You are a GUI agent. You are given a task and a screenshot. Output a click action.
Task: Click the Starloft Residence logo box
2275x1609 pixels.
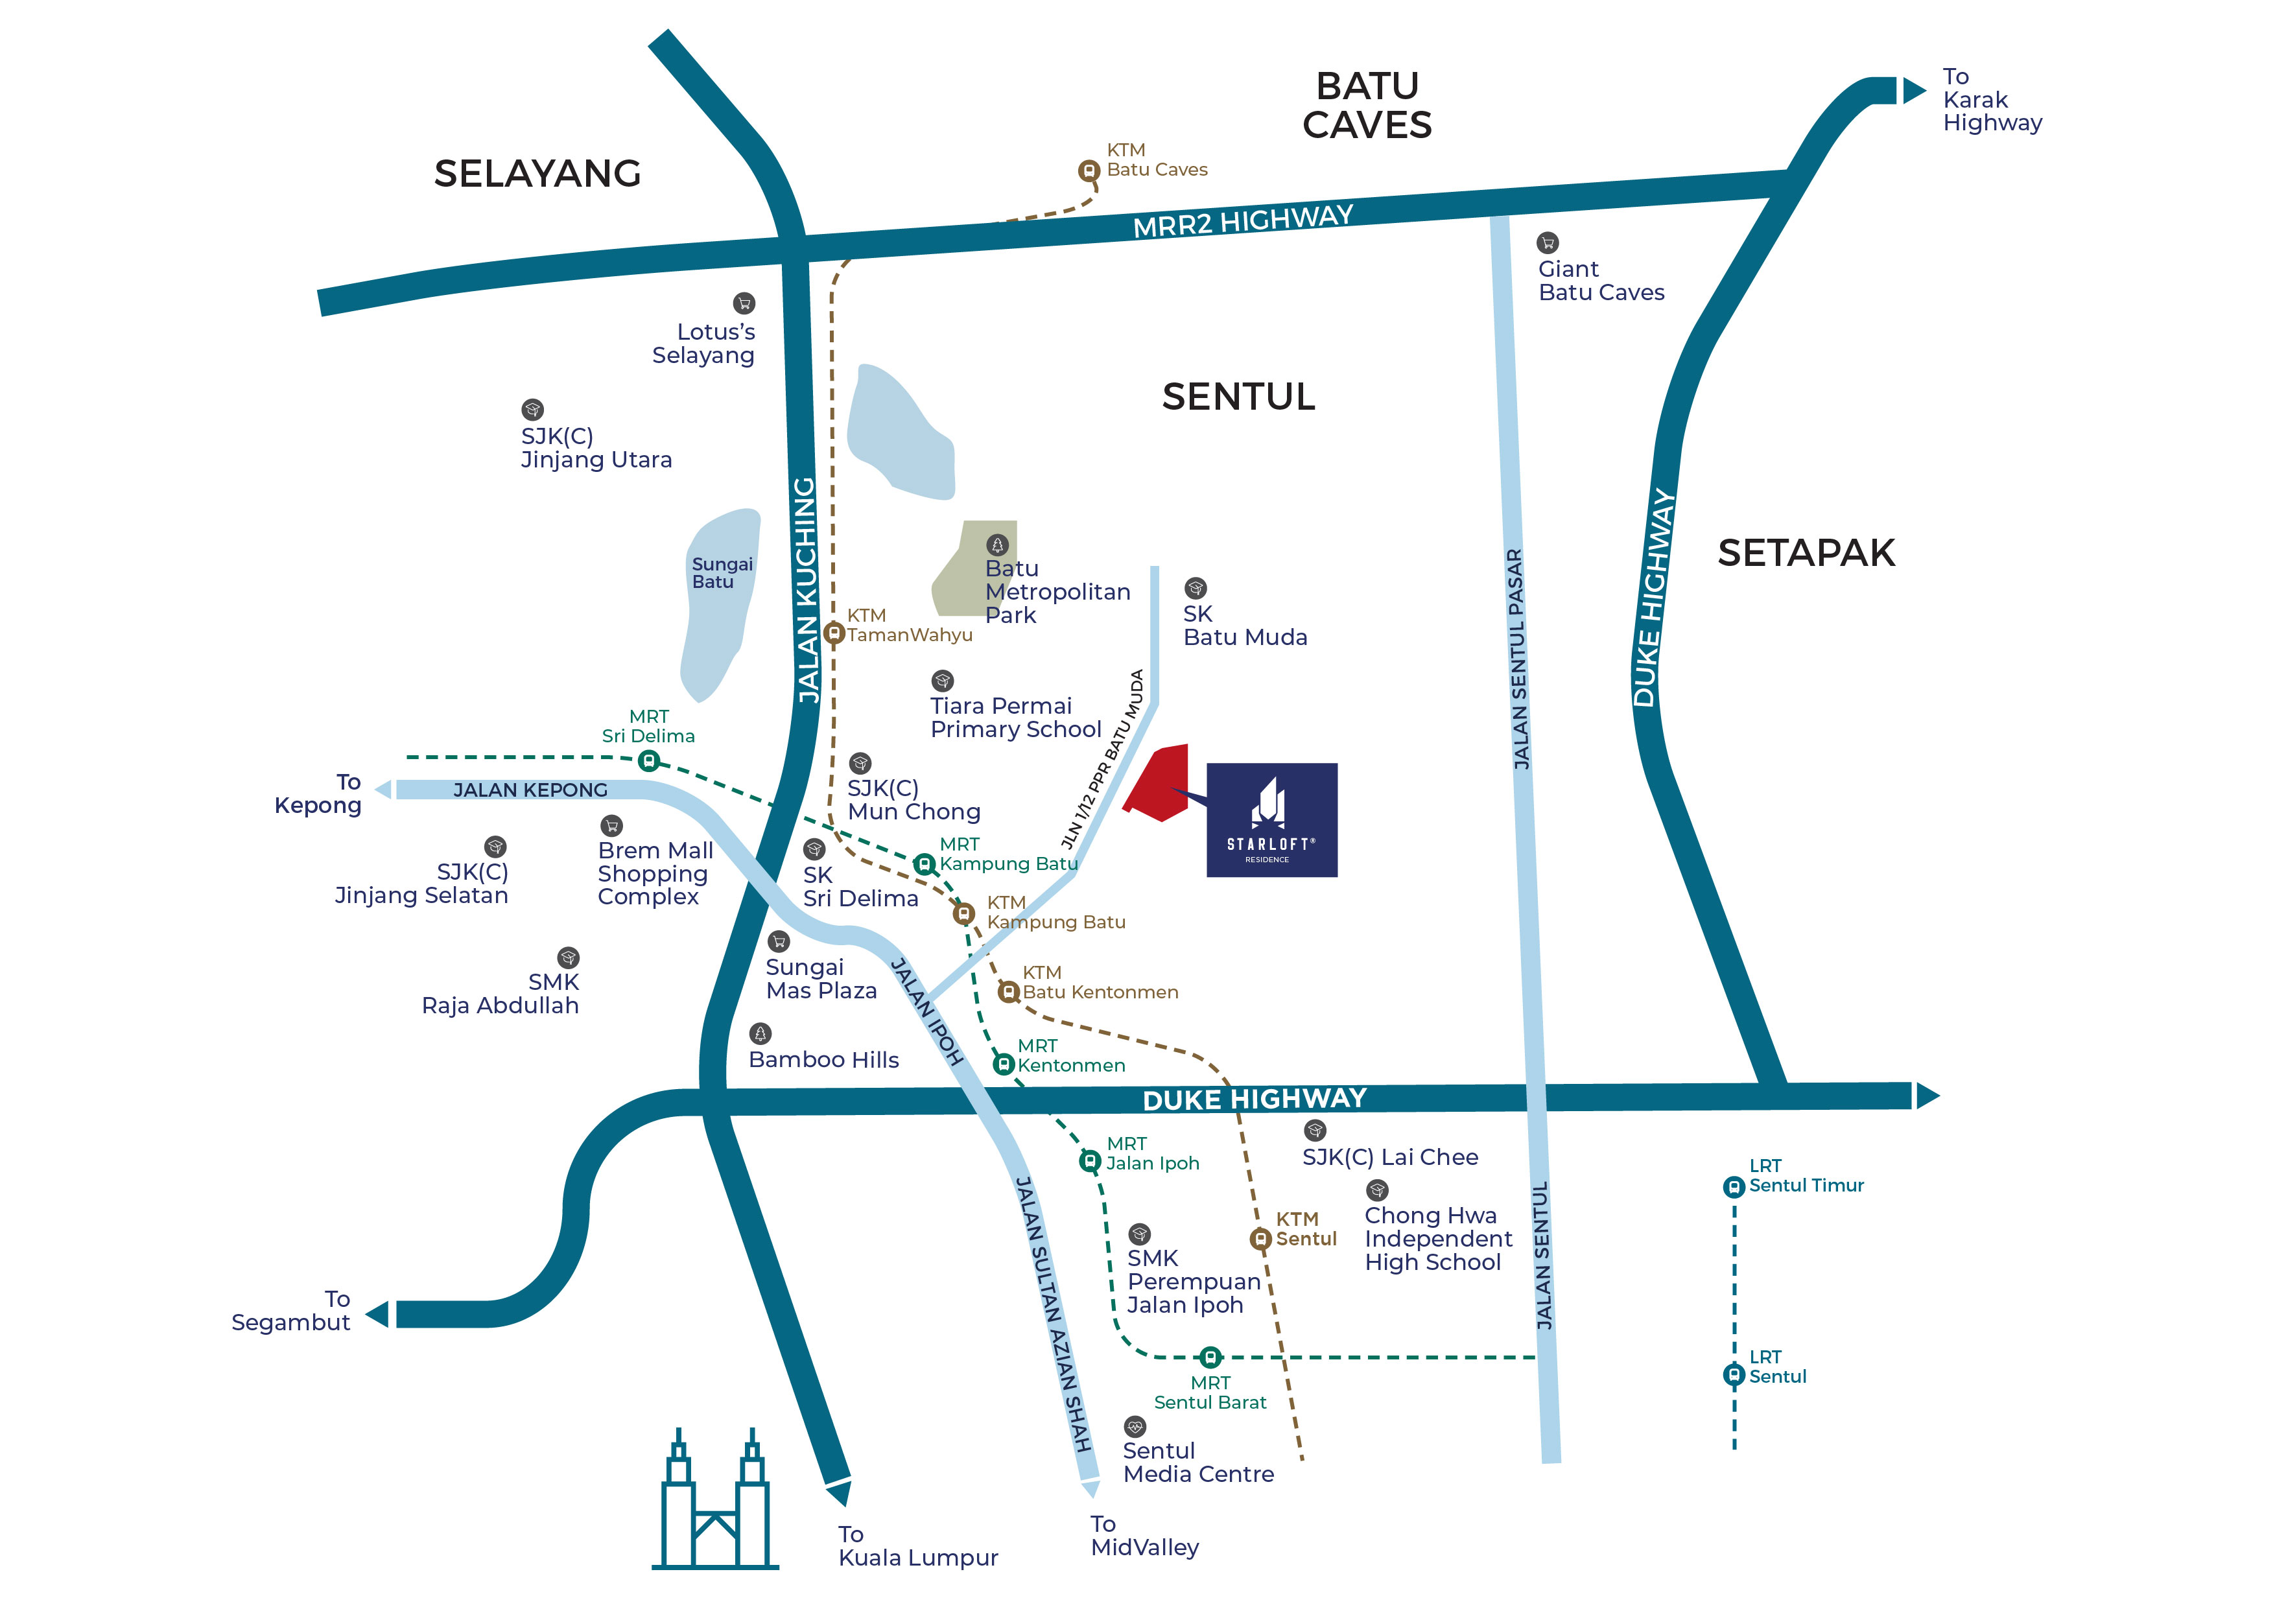pyautogui.click(x=1271, y=819)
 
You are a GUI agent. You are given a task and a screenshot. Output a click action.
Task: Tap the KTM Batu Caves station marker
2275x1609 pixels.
pyautogui.click(x=1089, y=170)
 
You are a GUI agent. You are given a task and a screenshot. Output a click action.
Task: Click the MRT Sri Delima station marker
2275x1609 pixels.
pyautogui.click(x=648, y=761)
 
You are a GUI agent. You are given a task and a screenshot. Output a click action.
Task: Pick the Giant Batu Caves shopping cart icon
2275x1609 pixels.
pyautogui.click(x=1547, y=242)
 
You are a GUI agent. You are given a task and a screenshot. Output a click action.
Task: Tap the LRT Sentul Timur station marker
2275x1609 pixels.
pyautogui.click(x=1733, y=1186)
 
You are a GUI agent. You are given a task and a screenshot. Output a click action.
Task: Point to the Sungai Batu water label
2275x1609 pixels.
pyautogui.click(x=722, y=572)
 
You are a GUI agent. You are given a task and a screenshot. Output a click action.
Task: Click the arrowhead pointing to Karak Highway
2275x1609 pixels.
pyautogui.click(x=1913, y=91)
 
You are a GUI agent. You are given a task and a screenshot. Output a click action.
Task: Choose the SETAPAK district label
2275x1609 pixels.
pyautogui.click(x=1806, y=553)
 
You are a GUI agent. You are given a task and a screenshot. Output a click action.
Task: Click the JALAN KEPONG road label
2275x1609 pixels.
pyautogui.click(x=530, y=790)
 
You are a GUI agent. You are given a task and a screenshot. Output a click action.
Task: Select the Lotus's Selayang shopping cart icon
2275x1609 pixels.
pyautogui.click(x=743, y=303)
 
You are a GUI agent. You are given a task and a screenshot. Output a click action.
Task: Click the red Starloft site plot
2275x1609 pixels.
pyautogui.click(x=1159, y=782)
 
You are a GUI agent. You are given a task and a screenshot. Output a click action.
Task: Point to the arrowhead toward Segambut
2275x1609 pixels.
pyautogui.click(x=377, y=1314)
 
